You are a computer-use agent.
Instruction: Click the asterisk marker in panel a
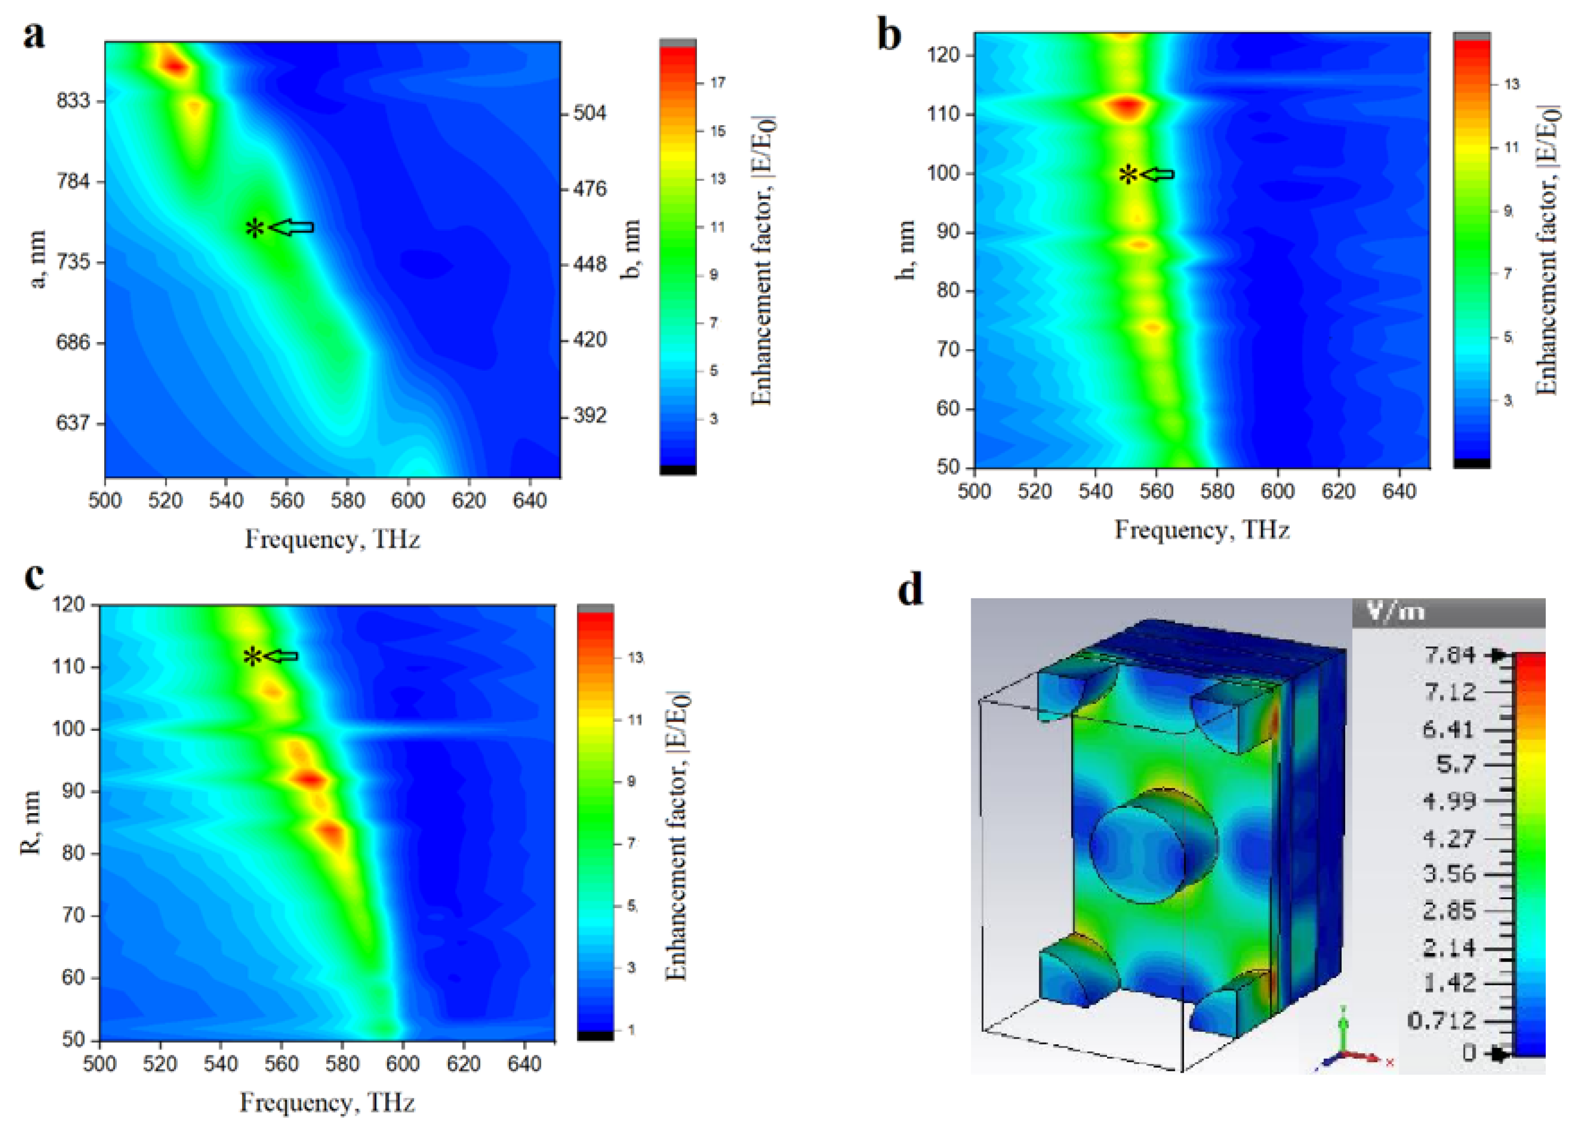point(255,228)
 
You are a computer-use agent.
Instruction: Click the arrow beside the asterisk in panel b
point(1158,174)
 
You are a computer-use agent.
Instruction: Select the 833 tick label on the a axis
point(73,101)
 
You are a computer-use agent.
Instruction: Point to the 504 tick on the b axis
point(589,114)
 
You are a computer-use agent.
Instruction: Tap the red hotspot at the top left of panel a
point(174,66)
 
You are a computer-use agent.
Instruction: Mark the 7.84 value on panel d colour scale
point(1450,655)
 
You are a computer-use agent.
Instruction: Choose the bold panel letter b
point(889,35)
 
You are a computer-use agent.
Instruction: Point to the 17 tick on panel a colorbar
point(717,83)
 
